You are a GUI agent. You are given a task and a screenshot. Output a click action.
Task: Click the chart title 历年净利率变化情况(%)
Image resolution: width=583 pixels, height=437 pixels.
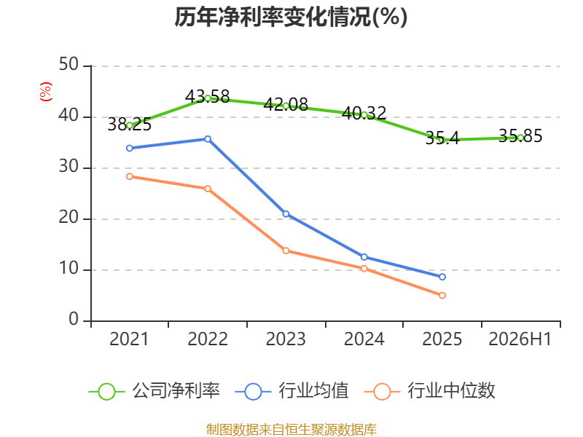[291, 17]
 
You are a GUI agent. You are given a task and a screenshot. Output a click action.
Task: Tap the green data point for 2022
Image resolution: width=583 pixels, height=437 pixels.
[208, 98]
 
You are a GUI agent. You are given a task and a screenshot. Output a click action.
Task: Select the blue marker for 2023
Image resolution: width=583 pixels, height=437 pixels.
[286, 214]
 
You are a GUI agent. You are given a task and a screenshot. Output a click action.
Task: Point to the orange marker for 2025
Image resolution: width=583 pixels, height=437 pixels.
[442, 296]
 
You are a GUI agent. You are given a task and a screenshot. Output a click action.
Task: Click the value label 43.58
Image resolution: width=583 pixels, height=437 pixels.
[208, 97]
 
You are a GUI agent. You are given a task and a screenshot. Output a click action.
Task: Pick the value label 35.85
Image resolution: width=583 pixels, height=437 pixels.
[520, 136]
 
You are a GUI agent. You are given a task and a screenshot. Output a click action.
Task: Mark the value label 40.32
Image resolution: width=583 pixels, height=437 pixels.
[364, 113]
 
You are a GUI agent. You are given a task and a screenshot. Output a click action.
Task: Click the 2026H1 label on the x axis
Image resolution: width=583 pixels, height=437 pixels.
[520, 339]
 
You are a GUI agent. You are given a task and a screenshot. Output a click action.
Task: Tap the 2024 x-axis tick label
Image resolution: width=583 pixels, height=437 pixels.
[364, 339]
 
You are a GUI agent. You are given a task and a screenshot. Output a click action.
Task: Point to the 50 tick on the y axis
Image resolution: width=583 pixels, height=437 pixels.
[69, 64]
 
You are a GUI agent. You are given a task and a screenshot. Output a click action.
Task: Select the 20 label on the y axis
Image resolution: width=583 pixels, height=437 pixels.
[69, 217]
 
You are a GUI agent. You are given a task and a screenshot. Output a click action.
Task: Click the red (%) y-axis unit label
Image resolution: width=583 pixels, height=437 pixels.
[46, 92]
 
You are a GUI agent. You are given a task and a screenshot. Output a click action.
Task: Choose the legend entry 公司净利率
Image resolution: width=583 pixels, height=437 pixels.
[154, 391]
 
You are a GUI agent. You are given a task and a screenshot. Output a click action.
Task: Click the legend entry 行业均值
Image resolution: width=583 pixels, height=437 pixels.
[292, 391]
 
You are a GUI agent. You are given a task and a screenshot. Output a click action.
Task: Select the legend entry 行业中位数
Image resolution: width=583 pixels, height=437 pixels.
[429, 391]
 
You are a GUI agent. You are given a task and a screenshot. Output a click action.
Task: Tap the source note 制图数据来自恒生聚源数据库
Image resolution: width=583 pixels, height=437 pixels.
[291, 430]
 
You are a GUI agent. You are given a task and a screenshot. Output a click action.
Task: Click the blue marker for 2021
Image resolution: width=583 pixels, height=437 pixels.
[130, 149]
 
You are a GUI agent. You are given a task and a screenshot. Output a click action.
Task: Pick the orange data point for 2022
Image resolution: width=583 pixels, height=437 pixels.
[208, 189]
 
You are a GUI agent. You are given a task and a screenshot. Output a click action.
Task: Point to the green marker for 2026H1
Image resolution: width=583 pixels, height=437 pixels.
[520, 138]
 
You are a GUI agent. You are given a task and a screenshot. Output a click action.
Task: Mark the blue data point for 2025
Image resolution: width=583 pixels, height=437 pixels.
[442, 277]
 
